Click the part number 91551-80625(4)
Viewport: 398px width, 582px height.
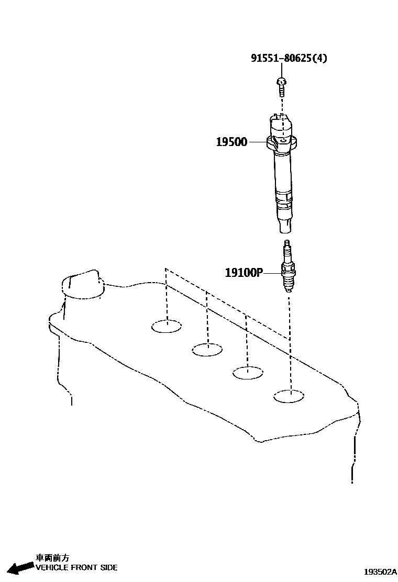(x=289, y=58)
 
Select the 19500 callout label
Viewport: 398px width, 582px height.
(x=231, y=142)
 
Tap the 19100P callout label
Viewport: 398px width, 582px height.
(x=244, y=272)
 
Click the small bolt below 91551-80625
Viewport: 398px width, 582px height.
(x=281, y=86)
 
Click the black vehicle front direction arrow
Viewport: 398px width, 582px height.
(x=20, y=567)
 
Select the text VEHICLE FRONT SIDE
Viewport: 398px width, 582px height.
(x=76, y=567)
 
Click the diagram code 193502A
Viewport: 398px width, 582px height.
(x=380, y=572)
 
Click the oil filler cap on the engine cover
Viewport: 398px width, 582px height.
(x=83, y=285)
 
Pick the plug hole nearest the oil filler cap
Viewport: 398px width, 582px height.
(x=167, y=327)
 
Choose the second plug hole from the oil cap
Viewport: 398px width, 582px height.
(x=207, y=349)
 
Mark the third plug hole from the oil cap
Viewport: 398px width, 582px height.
(x=248, y=373)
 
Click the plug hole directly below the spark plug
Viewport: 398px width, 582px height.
(x=289, y=396)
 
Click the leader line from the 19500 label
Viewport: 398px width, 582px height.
(x=257, y=142)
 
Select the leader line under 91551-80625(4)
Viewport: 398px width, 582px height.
(x=281, y=71)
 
